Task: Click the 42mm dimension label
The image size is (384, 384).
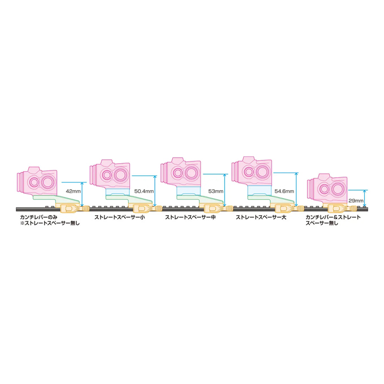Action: [73, 191]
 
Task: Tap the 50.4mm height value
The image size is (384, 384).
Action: [144, 191]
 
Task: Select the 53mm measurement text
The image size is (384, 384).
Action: [216, 191]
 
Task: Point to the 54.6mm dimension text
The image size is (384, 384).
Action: [284, 191]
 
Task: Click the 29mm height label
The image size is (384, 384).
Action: [356, 200]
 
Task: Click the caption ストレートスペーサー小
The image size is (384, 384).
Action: [120, 217]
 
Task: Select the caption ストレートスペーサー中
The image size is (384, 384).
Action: [190, 217]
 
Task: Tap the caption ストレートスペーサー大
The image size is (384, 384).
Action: [261, 217]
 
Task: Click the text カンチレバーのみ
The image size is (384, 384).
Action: [39, 217]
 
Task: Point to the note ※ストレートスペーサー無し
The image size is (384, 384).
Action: [50, 223]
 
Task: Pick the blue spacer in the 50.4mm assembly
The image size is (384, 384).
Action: [117, 192]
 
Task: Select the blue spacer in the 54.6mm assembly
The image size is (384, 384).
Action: [259, 190]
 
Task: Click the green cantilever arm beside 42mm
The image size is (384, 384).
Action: [56, 199]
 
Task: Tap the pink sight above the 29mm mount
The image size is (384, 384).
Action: [327, 188]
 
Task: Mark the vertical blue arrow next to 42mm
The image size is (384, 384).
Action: [82, 194]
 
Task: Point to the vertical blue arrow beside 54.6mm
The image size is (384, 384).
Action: [296, 189]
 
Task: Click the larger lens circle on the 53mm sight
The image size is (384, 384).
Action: [191, 173]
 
